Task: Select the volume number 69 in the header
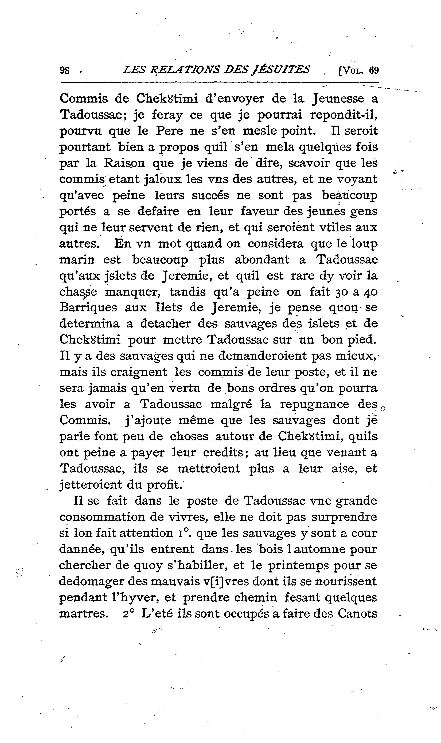point(374,70)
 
